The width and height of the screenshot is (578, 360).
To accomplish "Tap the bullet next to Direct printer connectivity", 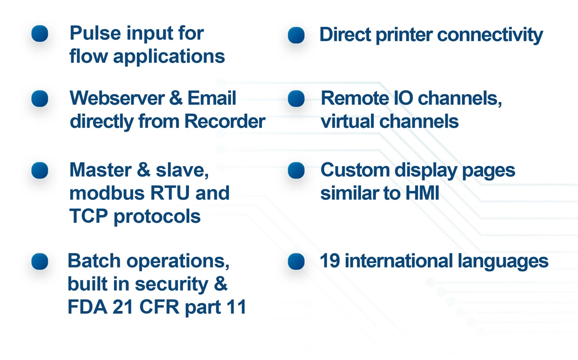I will click(x=296, y=35).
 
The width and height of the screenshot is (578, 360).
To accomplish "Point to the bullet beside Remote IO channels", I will click(x=296, y=99).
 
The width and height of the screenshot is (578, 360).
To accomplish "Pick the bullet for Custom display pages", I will click(x=296, y=170).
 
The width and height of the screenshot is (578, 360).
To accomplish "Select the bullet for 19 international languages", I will click(x=296, y=262).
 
